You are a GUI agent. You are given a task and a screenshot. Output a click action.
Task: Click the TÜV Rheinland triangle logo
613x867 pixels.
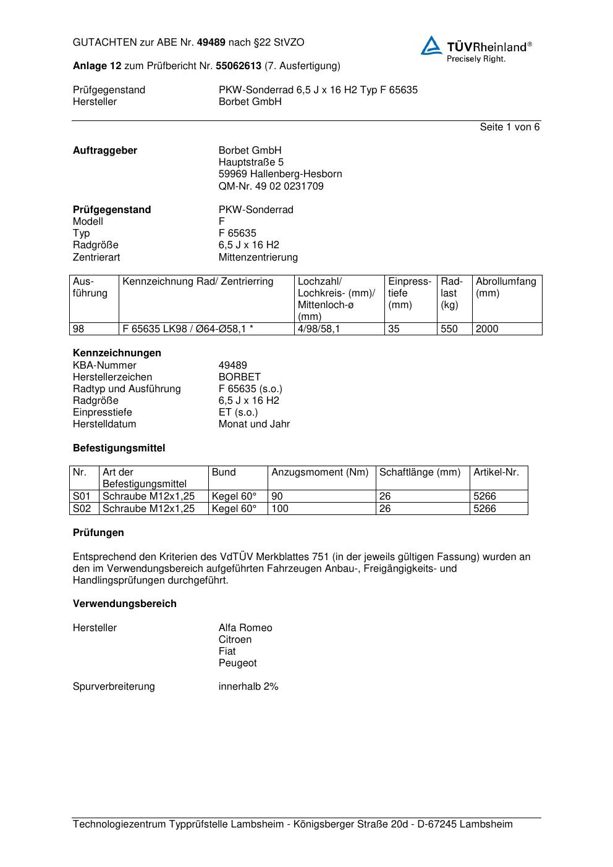tap(431, 46)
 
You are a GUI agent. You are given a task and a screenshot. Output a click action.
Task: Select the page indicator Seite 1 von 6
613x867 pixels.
tap(509, 127)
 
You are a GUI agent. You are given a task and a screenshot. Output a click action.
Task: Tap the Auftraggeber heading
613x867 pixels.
tap(105, 151)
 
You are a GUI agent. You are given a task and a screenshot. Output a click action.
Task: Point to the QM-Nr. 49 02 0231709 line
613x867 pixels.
tap(271, 186)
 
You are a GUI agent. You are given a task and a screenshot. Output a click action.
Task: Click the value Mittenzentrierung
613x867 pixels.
tap(258, 258)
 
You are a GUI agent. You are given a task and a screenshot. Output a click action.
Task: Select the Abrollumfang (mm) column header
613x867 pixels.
tap(505, 287)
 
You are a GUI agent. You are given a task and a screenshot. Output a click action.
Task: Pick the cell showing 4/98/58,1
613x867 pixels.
tap(318, 329)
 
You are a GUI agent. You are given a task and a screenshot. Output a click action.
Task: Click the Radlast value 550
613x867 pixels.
tap(449, 329)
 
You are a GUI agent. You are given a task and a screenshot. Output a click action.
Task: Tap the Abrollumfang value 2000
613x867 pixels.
tap(487, 329)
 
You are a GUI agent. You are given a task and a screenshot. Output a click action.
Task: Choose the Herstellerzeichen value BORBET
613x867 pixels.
tap(239, 377)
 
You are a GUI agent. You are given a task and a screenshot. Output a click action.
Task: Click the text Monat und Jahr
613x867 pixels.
tap(254, 424)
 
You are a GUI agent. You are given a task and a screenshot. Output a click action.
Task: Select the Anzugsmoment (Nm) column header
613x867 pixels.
tap(319, 472)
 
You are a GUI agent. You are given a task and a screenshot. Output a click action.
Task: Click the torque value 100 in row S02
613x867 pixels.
tap(280, 509)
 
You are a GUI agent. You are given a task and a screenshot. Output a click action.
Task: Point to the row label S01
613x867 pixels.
tap(82, 496)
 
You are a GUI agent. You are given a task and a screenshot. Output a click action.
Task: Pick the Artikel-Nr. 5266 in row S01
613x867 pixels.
tap(484, 496)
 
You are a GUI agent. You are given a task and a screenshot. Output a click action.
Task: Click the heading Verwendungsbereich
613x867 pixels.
tap(124, 604)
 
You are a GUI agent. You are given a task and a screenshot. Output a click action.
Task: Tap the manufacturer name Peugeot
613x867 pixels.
tap(237, 663)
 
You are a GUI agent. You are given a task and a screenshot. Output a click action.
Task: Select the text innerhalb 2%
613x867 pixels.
tap(248, 687)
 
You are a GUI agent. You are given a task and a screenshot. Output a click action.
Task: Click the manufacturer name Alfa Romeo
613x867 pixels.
tap(245, 628)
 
